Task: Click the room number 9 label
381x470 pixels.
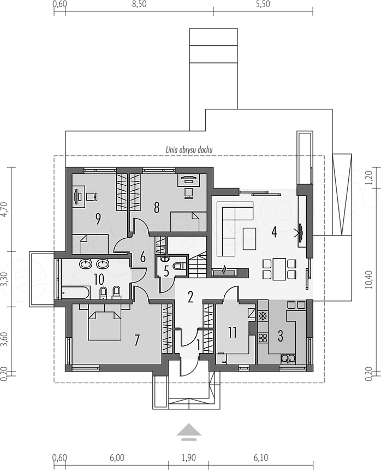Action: (x=98, y=219)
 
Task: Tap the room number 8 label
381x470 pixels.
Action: (x=157, y=208)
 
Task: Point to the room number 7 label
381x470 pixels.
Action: (x=137, y=340)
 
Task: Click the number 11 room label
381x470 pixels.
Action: (x=232, y=332)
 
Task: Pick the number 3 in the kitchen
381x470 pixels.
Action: (x=280, y=336)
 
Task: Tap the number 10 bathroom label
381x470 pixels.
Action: (x=98, y=279)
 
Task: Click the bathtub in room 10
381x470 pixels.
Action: (x=75, y=292)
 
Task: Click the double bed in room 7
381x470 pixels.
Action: (x=104, y=325)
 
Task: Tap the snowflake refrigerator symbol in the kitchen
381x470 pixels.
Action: (x=263, y=316)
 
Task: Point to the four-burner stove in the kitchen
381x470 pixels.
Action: (x=263, y=338)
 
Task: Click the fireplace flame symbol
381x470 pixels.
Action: (x=224, y=269)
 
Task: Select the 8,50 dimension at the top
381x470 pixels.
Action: (x=139, y=4)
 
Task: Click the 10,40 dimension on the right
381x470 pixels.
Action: (x=369, y=279)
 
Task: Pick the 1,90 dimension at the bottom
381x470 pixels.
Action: (x=188, y=458)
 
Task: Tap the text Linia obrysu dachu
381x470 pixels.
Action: (x=189, y=150)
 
